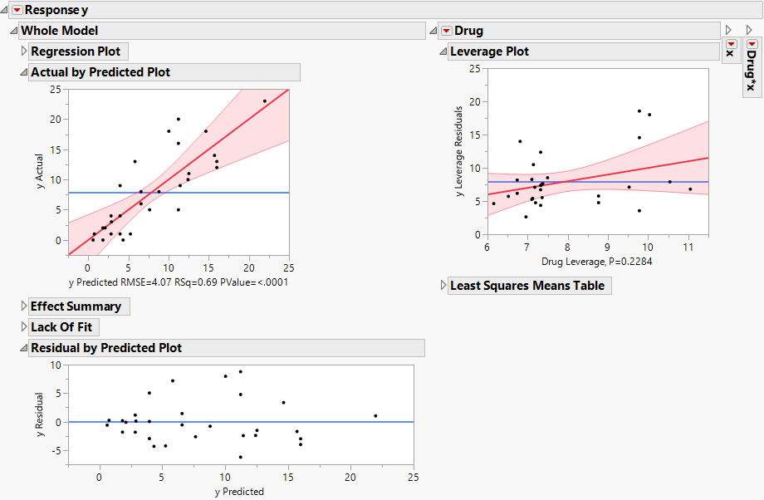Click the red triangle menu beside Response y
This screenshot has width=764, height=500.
[17, 11]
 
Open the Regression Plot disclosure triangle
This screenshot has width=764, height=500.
[23, 51]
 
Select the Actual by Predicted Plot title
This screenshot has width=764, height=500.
[100, 72]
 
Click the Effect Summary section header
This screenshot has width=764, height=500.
[76, 306]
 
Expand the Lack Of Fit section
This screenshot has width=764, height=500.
[23, 327]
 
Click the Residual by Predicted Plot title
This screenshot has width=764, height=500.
[105, 348]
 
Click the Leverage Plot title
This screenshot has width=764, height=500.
[489, 51]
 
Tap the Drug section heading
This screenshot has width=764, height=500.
[468, 31]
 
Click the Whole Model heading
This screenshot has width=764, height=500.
[59, 31]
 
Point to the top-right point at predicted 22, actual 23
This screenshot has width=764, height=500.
[265, 101]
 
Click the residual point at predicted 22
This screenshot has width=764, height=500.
[375, 415]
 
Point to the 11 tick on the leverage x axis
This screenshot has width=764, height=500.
[688, 247]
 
